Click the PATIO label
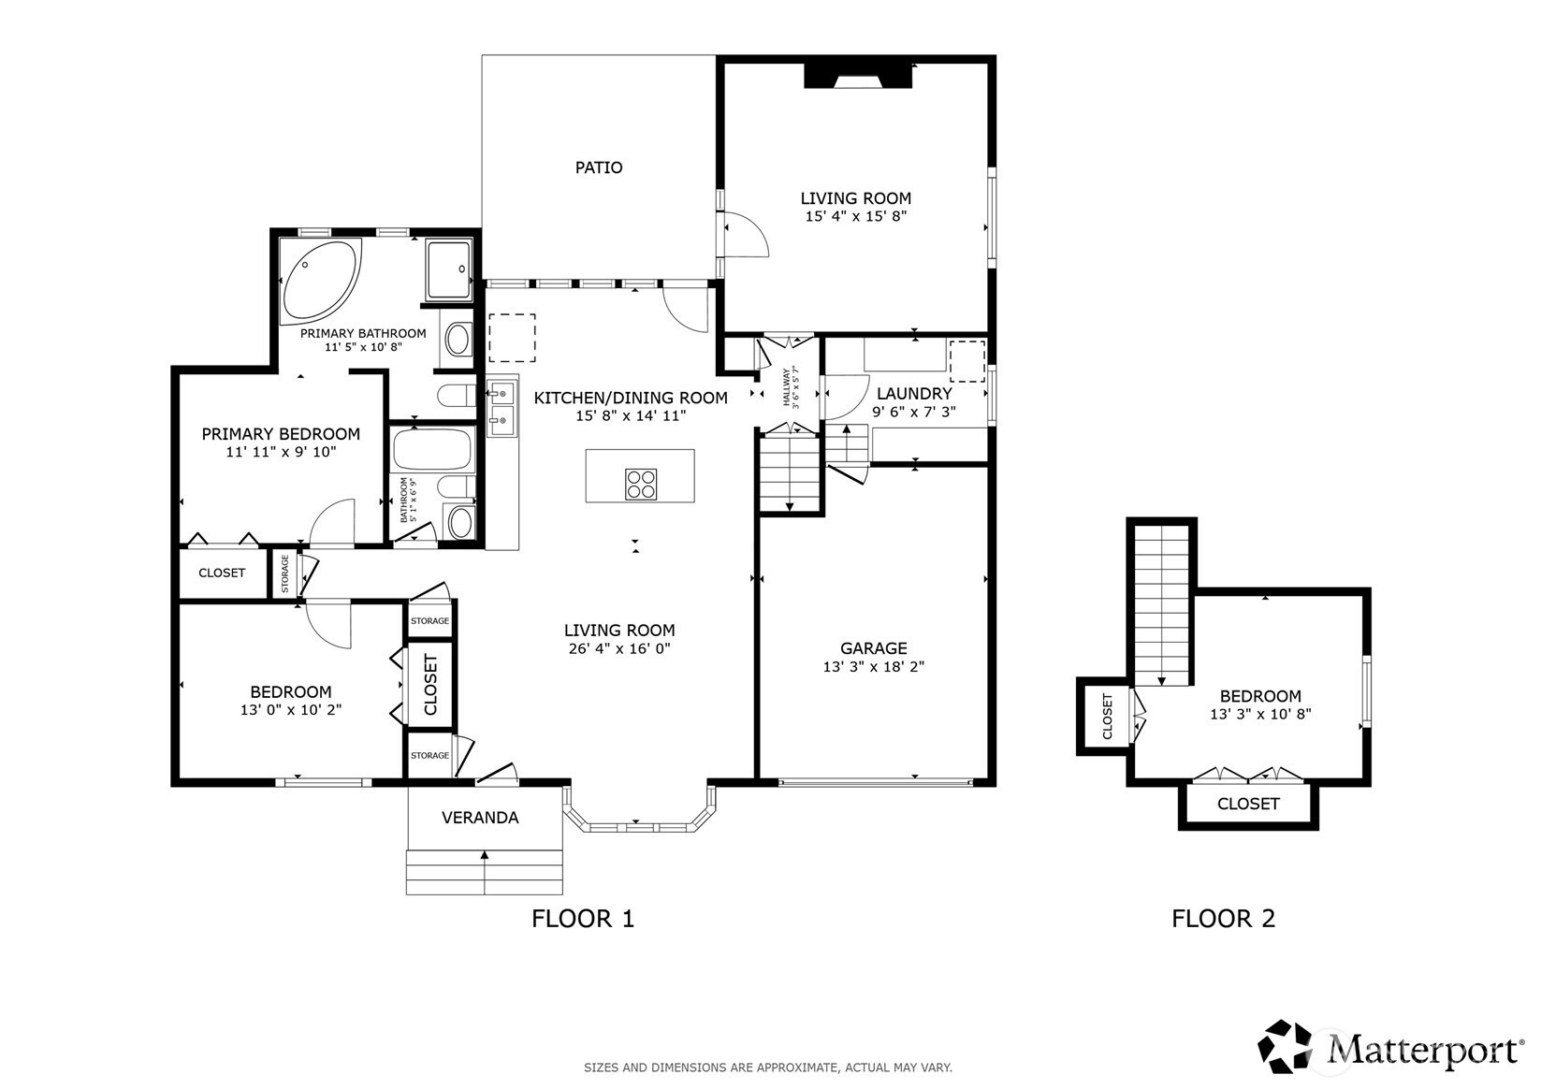tap(599, 167)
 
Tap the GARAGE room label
tap(874, 648)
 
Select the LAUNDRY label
tap(914, 394)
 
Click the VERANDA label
tap(480, 818)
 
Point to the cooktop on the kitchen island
tap(641, 484)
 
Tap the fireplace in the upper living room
tap(859, 76)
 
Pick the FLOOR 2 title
tap(1223, 919)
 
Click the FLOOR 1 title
tap(583, 919)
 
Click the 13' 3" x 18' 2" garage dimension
tap(874, 667)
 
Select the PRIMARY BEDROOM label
tap(281, 434)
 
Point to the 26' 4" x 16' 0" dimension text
tap(619, 648)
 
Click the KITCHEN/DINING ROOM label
tap(631, 398)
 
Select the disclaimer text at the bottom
tap(768, 1067)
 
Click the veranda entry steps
tap(485, 872)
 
